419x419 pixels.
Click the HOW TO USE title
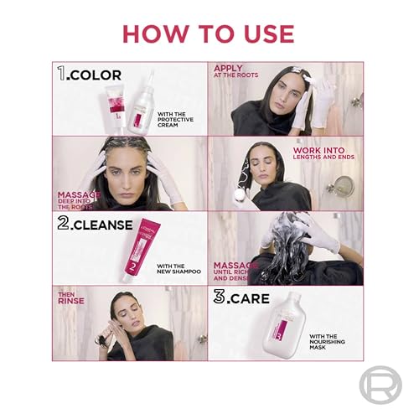(x=209, y=34)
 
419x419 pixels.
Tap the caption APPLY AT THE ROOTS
(x=237, y=72)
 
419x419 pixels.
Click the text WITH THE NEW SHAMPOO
(x=178, y=267)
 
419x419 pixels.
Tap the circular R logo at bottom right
(x=380, y=386)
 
